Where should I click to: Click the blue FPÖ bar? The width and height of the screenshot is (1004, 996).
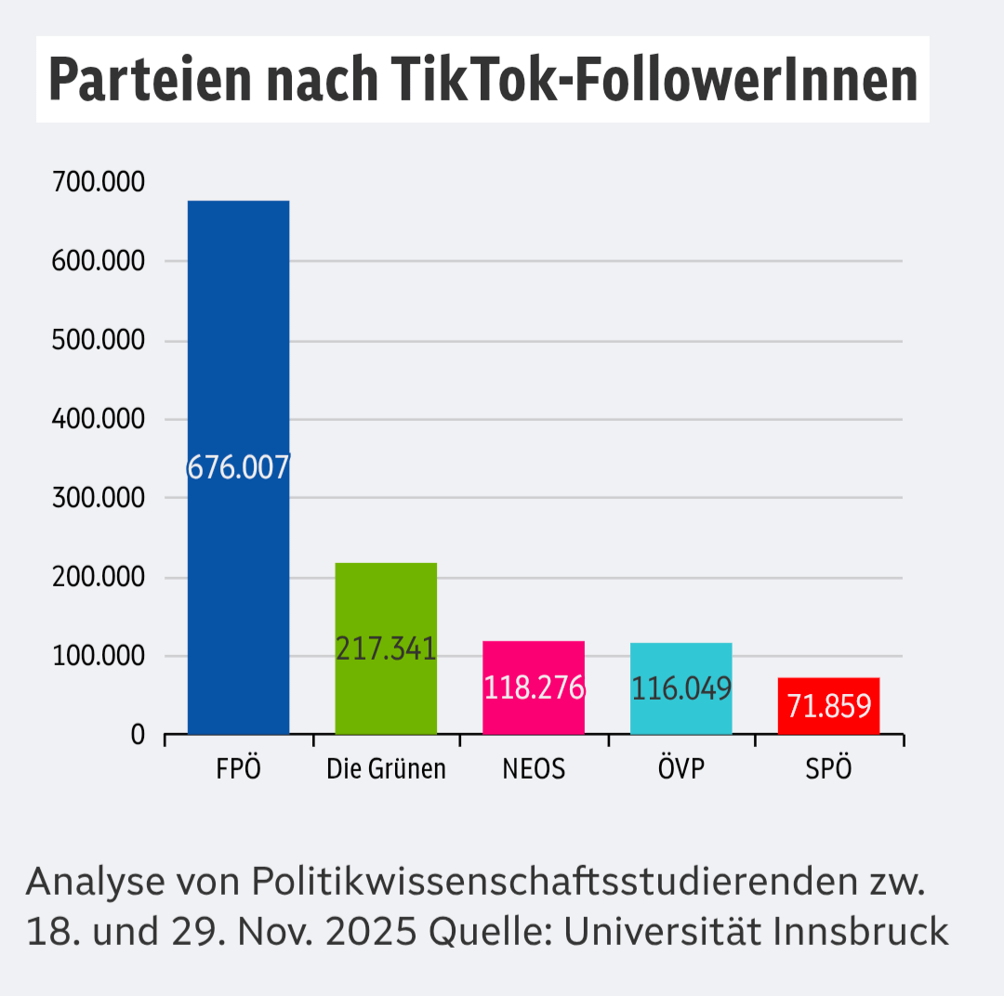238,353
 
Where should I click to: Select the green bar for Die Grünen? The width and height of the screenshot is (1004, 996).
386,604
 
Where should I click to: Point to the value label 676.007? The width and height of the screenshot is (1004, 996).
238,467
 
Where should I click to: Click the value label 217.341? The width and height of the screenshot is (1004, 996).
386,649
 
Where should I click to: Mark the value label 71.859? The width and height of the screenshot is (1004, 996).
828,706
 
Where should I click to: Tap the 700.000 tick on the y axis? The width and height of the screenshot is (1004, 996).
99,183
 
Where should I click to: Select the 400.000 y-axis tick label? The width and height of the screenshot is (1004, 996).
99,419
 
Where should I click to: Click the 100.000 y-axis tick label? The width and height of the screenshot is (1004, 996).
99,656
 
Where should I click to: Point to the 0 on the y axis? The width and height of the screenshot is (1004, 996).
138,735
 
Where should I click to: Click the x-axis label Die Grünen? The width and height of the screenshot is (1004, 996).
386,769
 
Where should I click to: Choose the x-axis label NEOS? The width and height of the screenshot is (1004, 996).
534,769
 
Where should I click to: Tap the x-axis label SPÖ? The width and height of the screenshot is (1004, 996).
828,769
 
